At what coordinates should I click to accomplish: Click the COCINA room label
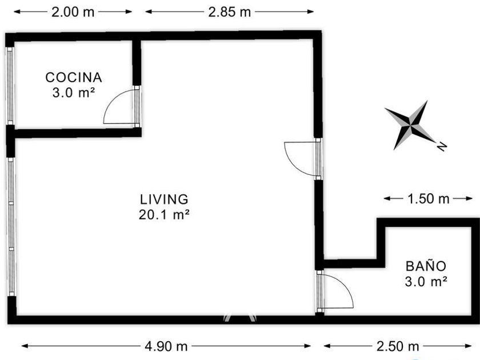pyautogui.click(x=74, y=78)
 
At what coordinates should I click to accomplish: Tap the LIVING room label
pyautogui.click(x=164, y=199)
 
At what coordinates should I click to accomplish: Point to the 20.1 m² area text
pyautogui.click(x=164, y=215)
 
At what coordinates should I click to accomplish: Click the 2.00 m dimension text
pyautogui.click(x=73, y=12)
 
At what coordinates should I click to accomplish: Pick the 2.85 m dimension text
pyautogui.click(x=230, y=12)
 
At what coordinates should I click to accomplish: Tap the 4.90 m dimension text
pyautogui.click(x=166, y=346)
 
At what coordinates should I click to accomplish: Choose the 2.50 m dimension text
pyautogui.click(x=398, y=346)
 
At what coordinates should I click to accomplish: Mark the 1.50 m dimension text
pyautogui.click(x=428, y=199)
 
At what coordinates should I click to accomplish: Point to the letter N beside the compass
pyautogui.click(x=441, y=147)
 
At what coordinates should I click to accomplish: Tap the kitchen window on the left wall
pyautogui.click(x=10, y=86)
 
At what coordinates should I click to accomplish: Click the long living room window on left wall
pyautogui.click(x=11, y=227)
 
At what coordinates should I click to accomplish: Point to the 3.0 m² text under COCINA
pyautogui.click(x=73, y=93)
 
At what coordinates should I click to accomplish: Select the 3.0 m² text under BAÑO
pyautogui.click(x=426, y=281)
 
